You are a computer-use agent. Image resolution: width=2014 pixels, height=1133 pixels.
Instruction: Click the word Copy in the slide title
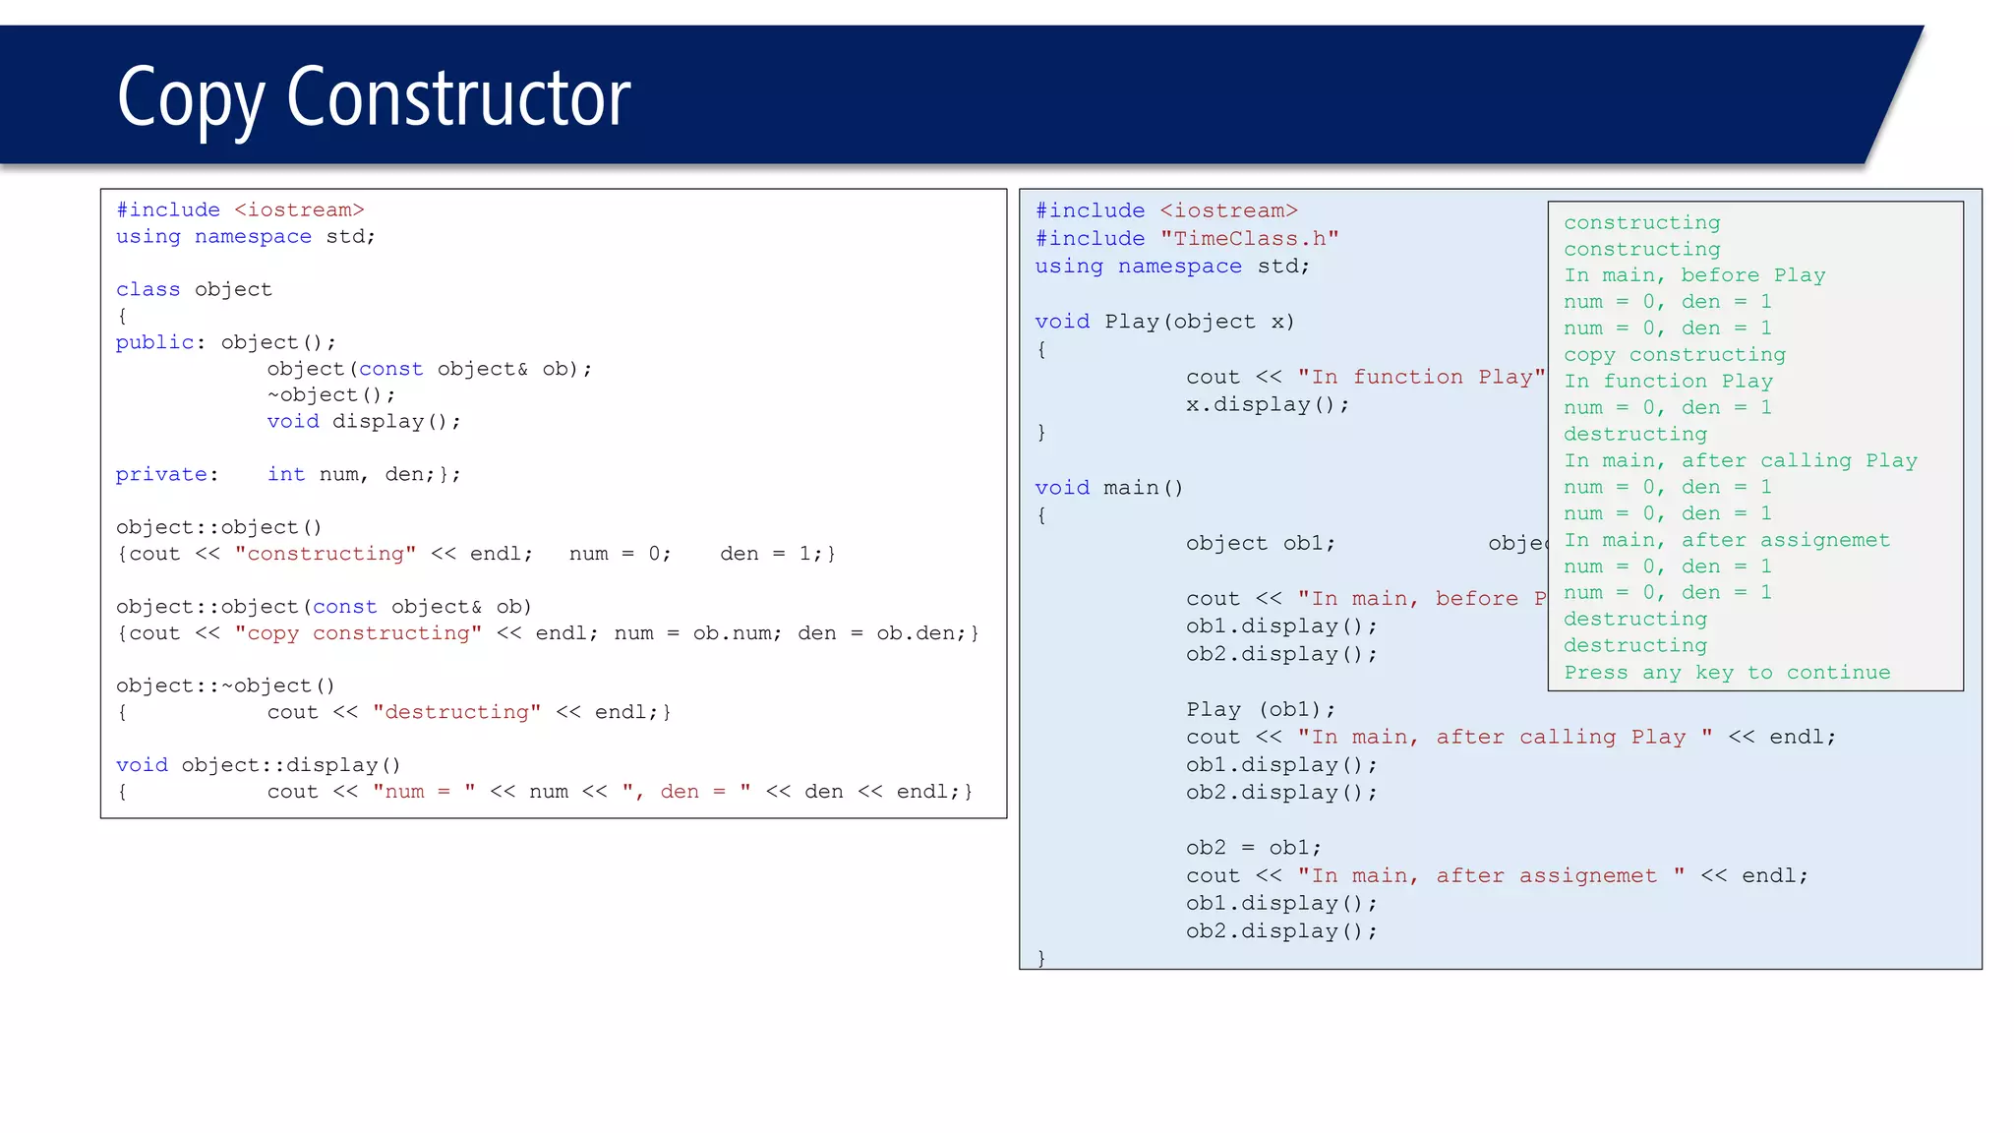tap(189, 98)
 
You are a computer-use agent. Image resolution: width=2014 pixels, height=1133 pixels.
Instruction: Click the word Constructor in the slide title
tap(458, 98)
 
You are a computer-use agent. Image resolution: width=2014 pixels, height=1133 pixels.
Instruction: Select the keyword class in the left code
tap(148, 289)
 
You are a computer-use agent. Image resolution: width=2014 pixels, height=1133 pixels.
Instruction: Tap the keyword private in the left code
tap(161, 474)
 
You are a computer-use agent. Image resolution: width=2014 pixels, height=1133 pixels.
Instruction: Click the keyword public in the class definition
tap(154, 342)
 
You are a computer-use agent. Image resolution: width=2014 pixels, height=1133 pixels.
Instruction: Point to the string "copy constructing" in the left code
tap(358, 633)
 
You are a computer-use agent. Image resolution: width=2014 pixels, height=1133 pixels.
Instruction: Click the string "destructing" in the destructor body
tap(456, 712)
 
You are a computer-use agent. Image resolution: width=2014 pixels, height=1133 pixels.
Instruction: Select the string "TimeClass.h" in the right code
tap(1249, 239)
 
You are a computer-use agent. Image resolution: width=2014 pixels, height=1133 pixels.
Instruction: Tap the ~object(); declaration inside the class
tap(330, 395)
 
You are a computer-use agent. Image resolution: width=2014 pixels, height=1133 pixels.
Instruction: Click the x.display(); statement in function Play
tap(1267, 404)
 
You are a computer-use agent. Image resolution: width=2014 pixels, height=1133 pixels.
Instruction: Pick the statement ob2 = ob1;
tap(1253, 848)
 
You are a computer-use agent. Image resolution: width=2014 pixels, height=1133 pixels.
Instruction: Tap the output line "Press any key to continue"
tap(1726, 673)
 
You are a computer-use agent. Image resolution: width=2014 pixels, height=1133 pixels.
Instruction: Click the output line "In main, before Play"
tap(1693, 275)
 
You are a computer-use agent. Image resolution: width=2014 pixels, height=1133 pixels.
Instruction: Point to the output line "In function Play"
tap(1668, 382)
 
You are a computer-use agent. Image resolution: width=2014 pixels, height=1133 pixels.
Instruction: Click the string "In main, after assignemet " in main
tap(1491, 875)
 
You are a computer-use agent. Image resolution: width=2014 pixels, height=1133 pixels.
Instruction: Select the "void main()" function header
tap(1108, 488)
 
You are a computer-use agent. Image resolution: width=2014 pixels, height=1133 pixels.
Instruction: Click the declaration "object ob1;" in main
tap(1260, 544)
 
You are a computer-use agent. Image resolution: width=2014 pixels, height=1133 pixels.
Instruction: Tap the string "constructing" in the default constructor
tap(326, 554)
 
